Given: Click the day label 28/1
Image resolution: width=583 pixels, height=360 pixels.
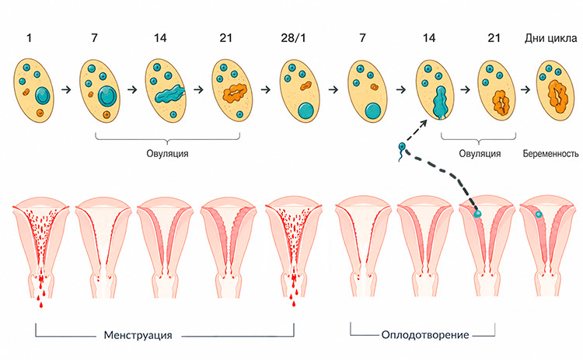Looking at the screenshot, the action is (293, 38).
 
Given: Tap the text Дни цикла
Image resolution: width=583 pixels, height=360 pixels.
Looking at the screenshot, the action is (550, 38).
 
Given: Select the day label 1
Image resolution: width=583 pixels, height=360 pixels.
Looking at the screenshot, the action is (30, 38).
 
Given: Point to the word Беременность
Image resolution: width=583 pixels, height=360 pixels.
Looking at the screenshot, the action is (550, 154).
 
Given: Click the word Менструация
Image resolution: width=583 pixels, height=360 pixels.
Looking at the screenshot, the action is (138, 335).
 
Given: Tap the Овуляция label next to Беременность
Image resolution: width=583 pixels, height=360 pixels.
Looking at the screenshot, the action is (480, 154).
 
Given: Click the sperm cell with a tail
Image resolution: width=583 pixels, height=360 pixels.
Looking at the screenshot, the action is (402, 151).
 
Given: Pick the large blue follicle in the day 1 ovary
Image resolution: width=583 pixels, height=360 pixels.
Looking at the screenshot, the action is (42, 96).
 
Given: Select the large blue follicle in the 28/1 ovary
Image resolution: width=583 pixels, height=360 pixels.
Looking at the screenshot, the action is (306, 111).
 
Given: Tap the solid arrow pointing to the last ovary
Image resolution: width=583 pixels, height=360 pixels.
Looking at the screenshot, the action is (525, 89).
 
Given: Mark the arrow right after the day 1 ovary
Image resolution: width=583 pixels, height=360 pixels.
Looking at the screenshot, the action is (66, 89).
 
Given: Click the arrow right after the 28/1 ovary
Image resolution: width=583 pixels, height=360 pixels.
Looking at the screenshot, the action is (333, 89).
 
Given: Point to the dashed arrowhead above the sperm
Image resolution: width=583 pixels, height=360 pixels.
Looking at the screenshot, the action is (424, 124).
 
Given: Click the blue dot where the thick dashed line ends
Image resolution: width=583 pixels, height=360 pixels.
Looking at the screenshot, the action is (477, 214).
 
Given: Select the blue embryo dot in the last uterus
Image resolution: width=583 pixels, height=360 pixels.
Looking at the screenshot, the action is (539, 215).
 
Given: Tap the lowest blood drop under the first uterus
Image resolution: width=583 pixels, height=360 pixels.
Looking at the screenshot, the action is (41, 306).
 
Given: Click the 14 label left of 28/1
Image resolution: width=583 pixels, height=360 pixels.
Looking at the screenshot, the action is (160, 38).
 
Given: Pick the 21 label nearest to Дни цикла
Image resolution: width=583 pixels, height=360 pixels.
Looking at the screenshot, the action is (494, 38).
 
